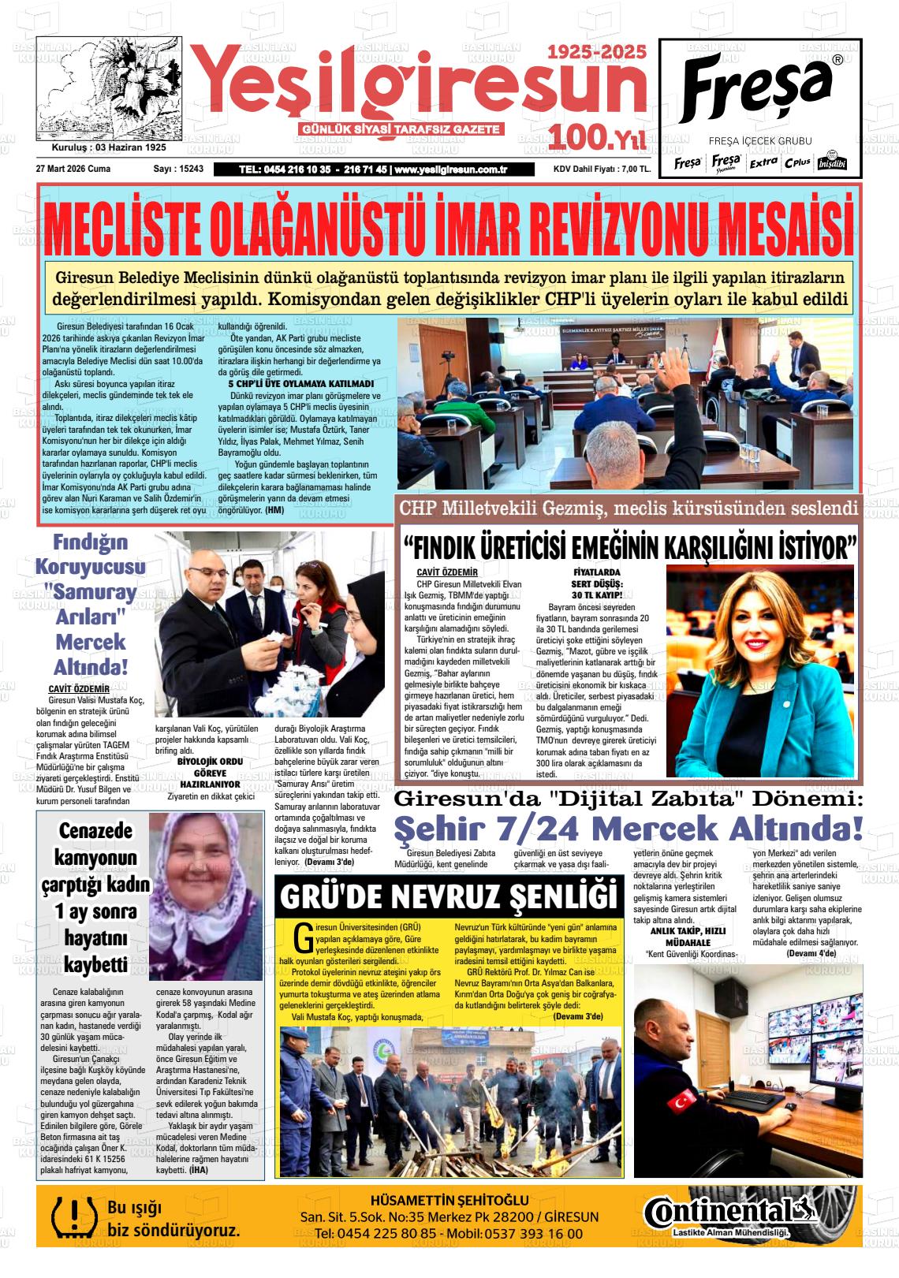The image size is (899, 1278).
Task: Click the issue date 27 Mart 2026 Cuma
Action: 73,169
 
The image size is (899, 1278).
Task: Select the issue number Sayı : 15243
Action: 178,169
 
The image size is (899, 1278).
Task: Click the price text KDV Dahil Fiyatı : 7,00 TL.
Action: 602,170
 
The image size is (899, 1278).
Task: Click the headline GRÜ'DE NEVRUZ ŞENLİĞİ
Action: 447,897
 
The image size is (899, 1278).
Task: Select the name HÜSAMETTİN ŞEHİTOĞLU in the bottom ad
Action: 449,1201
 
